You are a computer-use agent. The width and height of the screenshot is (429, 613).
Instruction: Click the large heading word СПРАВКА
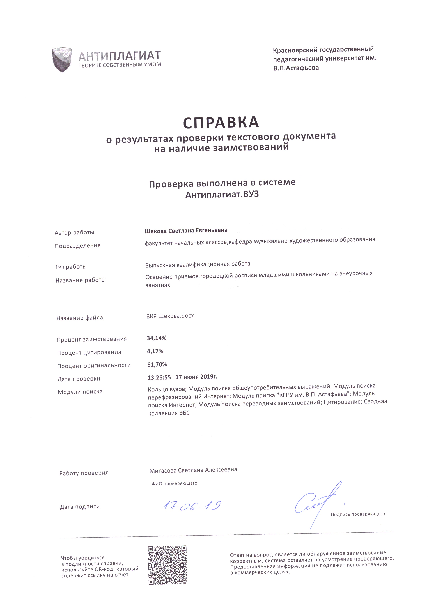[x=221, y=122]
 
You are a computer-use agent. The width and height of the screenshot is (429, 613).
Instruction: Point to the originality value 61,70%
[x=157, y=364]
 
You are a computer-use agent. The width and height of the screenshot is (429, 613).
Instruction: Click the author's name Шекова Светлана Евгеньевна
[x=186, y=230]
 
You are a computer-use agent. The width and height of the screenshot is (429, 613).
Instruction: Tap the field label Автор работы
[x=74, y=232]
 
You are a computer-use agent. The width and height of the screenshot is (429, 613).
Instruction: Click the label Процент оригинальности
[x=94, y=365]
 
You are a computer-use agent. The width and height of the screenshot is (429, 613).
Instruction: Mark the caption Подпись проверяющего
[x=358, y=514]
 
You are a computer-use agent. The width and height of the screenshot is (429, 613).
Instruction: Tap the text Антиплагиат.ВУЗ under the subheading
[x=222, y=195]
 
